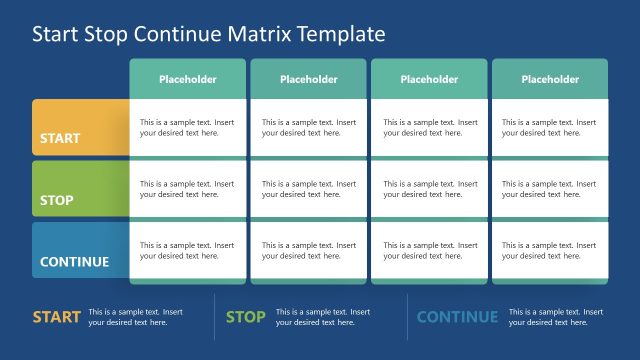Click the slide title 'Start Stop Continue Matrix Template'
coord(208,34)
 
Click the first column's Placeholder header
coord(187,79)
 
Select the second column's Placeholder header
coord(308,79)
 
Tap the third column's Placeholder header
coord(429,79)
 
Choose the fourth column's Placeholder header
coord(550,79)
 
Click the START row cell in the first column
coord(187,127)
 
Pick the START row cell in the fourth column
coord(550,127)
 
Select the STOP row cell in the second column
coord(308,189)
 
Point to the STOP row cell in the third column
coord(429,189)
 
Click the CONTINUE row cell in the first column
coord(187,250)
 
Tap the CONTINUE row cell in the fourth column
coord(550,250)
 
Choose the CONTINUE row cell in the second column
coord(308,250)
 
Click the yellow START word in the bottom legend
coord(56,317)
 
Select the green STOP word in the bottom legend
coord(245,317)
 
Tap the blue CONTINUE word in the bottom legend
coord(457,317)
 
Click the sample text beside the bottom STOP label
coord(323,317)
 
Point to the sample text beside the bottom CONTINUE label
coord(556,317)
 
